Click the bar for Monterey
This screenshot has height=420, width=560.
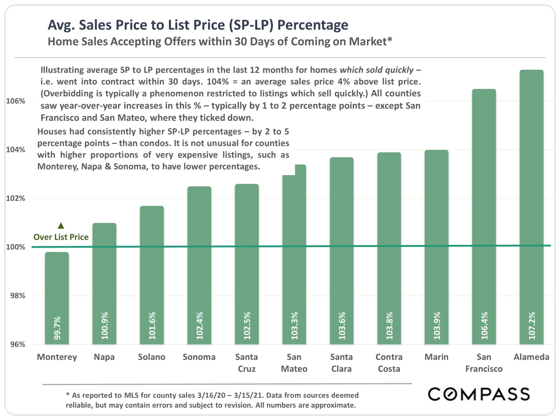(x=57, y=297)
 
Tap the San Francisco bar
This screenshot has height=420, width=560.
(x=484, y=216)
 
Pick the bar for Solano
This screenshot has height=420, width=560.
(x=152, y=274)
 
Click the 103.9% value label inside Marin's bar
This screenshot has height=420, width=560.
(x=437, y=326)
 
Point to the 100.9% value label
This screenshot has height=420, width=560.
(x=105, y=326)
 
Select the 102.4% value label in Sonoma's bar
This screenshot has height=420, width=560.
(x=199, y=326)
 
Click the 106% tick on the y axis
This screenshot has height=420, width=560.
(x=16, y=101)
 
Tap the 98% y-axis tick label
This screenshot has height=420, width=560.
(x=17, y=296)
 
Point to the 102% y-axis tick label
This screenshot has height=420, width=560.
(x=16, y=198)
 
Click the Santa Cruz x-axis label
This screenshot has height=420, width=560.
(x=247, y=363)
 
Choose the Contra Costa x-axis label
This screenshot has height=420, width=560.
(x=389, y=363)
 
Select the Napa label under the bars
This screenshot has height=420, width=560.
(x=104, y=357)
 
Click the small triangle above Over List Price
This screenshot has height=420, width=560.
(x=61, y=225)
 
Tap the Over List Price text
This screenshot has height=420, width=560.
(x=61, y=237)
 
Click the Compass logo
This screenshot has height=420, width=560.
(x=479, y=394)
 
